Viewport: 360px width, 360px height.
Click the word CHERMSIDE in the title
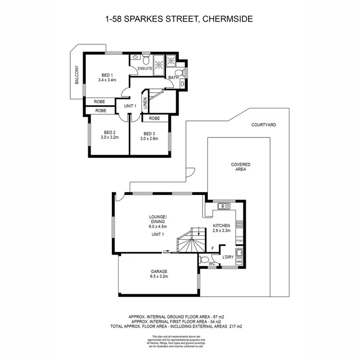pos(228,19)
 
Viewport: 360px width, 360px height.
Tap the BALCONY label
pos(76,75)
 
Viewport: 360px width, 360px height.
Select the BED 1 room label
pos(107,74)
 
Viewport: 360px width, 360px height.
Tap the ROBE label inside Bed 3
pos(154,118)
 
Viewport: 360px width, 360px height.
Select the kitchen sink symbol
pos(222,206)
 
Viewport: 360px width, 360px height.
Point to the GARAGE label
pos(159,271)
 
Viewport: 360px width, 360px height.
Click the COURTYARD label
pos(264,125)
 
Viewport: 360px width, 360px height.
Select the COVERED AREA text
pos(240,167)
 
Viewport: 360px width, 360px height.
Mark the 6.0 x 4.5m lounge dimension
pos(157,222)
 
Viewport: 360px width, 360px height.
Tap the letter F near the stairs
pos(213,248)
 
